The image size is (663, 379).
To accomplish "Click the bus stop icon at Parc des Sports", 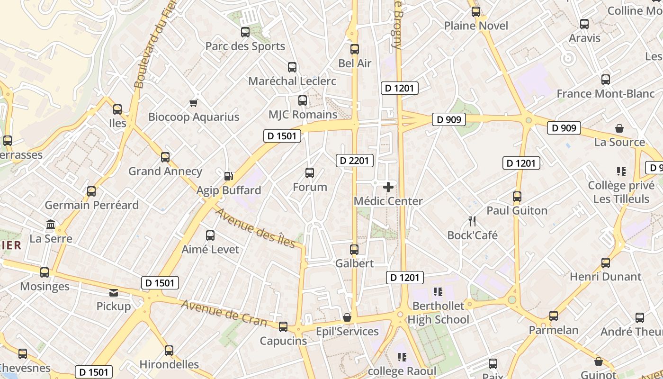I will point(245,32).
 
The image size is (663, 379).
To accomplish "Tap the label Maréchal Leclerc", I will point(292,81).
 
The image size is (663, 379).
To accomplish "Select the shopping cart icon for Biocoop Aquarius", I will point(193,102).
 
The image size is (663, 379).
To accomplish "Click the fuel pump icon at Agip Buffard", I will point(229,176).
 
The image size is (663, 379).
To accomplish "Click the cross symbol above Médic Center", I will point(388,187).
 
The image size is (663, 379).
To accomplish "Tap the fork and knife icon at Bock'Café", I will point(472,221).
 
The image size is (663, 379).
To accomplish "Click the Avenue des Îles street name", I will point(255,228).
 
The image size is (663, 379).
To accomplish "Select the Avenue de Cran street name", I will point(224,314).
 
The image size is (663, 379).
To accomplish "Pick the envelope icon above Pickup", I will point(114,292).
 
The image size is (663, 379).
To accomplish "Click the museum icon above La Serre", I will point(51,224).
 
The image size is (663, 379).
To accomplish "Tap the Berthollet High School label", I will point(438,313).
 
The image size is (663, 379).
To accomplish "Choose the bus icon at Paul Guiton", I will point(517,196).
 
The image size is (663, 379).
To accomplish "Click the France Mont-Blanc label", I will point(605,94).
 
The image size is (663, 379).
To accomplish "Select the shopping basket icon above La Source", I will point(619,128).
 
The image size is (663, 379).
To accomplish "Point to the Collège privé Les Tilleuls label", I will point(621,192).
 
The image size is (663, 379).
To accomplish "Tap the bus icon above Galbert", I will point(354,249).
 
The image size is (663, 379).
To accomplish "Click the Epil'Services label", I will point(348,332).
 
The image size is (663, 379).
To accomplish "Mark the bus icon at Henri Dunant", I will point(606,262).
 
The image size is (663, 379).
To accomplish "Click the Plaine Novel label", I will point(476,26).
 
